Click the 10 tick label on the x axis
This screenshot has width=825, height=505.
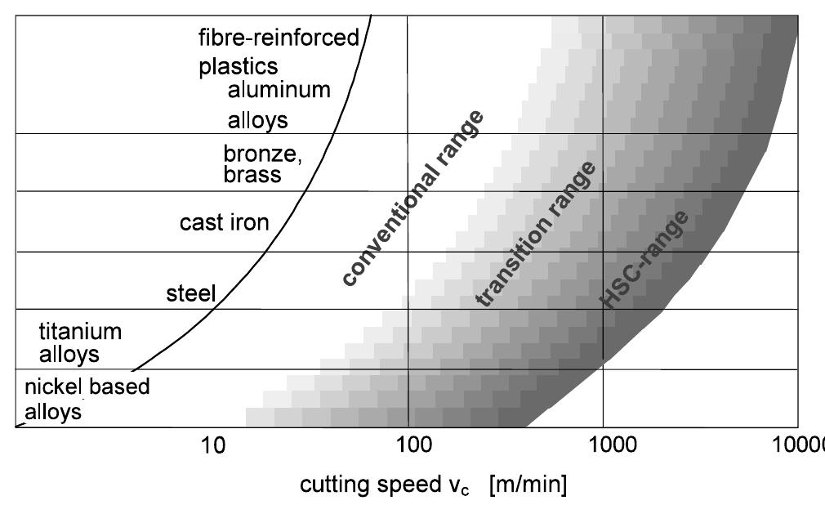pyautogui.click(x=213, y=447)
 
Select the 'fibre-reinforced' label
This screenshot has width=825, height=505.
pyautogui.click(x=279, y=38)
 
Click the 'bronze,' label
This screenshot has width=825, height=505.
pyautogui.click(x=263, y=154)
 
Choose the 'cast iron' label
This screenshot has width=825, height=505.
pyautogui.click(x=225, y=222)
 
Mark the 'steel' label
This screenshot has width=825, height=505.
pyautogui.click(x=190, y=293)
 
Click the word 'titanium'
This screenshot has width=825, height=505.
pyautogui.click(x=80, y=332)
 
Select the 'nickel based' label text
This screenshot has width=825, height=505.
pyautogui.click(x=87, y=386)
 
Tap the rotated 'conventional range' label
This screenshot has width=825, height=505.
pyautogui.click(x=412, y=198)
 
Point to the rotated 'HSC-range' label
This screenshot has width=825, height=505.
pyautogui.click(x=644, y=260)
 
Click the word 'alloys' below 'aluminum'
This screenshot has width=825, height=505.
pyautogui.click(x=258, y=121)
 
